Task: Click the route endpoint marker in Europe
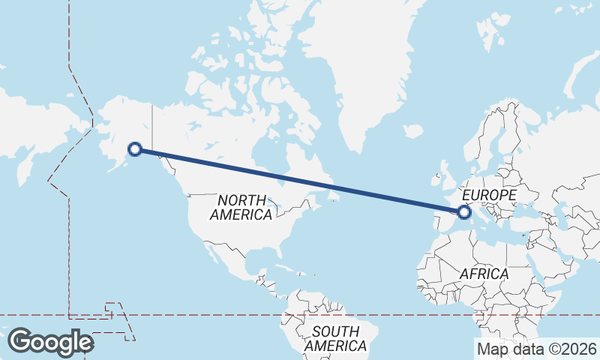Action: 465,212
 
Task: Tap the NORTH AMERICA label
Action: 241,208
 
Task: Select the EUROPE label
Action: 489,196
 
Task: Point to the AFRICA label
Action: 484,274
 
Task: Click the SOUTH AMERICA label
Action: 336,339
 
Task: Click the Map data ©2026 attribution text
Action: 537,349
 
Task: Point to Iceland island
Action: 413,131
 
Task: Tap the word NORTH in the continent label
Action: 241,200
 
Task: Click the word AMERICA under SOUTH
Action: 336,346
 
